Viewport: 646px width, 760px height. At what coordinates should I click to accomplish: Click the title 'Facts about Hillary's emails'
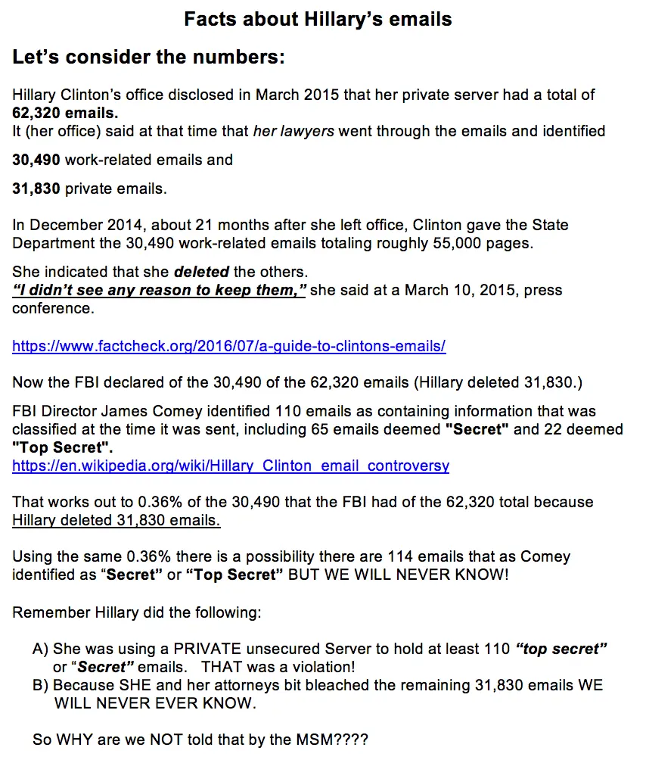(x=318, y=19)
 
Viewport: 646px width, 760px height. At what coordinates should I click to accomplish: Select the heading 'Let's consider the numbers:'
(x=148, y=57)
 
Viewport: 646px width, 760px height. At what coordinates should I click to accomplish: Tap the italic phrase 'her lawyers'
(x=293, y=131)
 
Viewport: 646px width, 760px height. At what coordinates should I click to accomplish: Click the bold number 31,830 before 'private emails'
(x=36, y=188)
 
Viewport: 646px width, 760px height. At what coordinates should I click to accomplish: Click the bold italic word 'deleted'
(x=200, y=271)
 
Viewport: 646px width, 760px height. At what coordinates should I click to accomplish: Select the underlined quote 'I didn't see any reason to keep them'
(x=159, y=290)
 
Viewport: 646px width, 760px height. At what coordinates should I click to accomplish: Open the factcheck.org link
(x=228, y=347)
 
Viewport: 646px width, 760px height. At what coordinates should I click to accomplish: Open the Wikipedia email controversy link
(x=231, y=466)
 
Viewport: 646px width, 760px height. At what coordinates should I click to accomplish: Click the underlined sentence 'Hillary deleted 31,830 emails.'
(x=116, y=520)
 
